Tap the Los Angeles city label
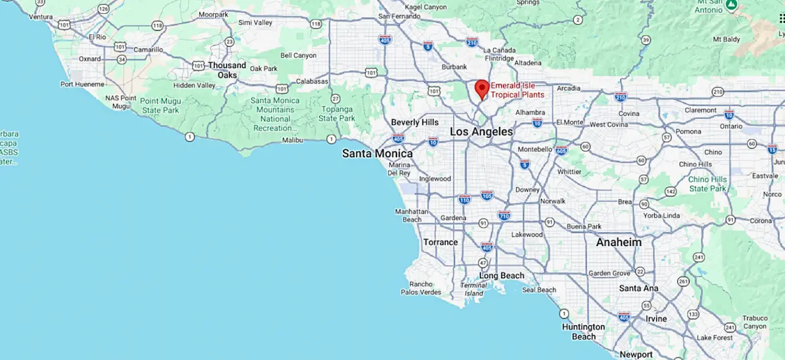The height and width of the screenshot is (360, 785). point(481,132)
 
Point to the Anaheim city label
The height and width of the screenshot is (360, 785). point(618,242)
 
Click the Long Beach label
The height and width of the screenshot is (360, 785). point(502,276)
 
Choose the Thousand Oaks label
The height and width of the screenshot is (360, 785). point(227,70)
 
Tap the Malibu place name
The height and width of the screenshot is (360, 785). point(294,140)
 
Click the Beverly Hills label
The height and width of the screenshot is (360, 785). point(415,122)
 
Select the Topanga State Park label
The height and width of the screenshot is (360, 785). point(336,113)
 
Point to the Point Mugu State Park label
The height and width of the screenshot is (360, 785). point(160,105)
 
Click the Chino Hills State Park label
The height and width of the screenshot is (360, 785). point(708,184)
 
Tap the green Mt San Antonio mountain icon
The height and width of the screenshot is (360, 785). point(733,5)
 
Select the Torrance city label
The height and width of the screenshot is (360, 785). point(440,242)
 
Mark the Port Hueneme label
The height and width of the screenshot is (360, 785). point(82,84)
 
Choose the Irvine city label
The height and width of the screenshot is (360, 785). point(656,319)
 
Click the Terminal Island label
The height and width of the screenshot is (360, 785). point(473,289)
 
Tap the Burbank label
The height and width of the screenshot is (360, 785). point(454,67)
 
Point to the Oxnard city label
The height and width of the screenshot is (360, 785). point(90,58)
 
